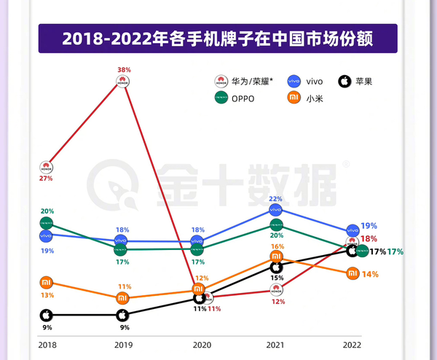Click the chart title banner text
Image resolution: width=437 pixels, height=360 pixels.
pyautogui.click(x=219, y=39)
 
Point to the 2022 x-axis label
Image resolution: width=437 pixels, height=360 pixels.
pyautogui.click(x=352, y=344)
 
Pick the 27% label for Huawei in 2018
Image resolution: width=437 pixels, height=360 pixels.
pyautogui.click(x=46, y=177)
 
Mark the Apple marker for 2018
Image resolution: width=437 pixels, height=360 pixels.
pyautogui.click(x=46, y=315)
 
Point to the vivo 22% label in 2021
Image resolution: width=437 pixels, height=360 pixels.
pyautogui.click(x=275, y=198)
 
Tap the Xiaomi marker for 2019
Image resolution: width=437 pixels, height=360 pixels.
pyautogui.click(x=123, y=298)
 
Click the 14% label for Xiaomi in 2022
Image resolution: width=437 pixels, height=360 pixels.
pyautogui.click(x=370, y=274)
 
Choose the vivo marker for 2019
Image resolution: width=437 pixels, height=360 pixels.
pyautogui.click(x=123, y=240)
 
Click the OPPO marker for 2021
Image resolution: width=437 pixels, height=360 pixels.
pyautogui.click(x=276, y=224)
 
